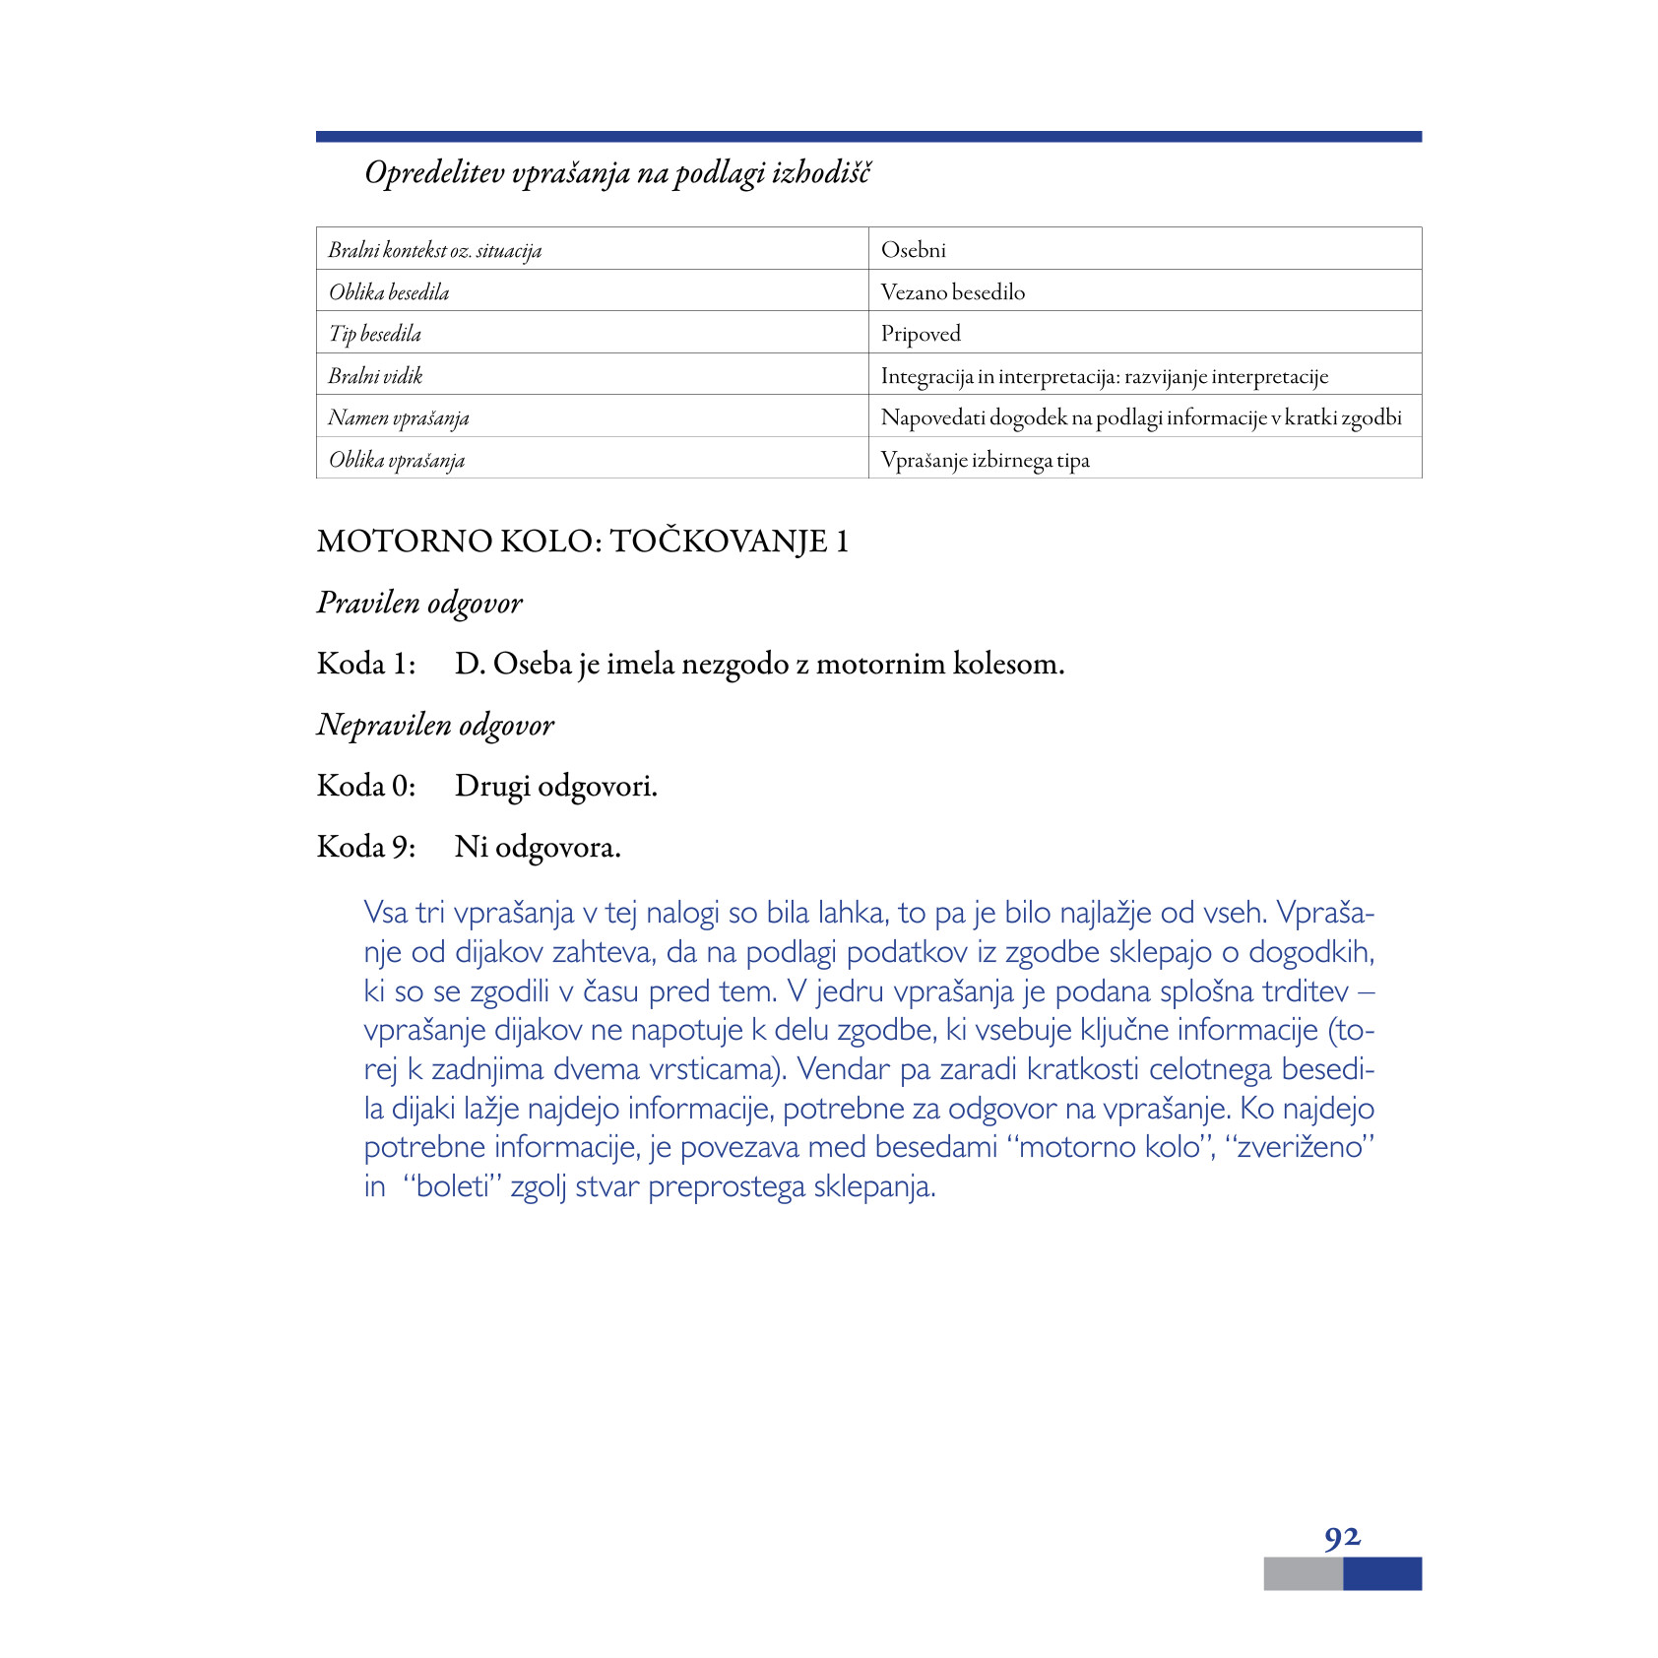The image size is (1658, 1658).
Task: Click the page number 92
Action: pos(1342,1537)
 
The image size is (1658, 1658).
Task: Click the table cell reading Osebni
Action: pos(913,250)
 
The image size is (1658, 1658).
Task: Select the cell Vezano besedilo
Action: pos(952,292)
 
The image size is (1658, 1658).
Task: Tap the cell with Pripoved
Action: pos(920,334)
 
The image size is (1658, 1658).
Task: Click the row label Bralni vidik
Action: pos(375,376)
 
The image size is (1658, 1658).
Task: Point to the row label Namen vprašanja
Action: pos(398,418)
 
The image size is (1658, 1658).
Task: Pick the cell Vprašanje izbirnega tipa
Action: pos(985,460)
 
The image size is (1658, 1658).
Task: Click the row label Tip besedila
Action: pos(374,334)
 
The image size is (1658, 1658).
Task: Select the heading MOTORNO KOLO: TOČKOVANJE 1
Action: pos(582,542)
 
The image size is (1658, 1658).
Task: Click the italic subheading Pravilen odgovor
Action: pos(419,603)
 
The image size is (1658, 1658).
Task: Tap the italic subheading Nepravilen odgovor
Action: pos(435,725)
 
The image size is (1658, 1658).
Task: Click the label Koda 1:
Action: pos(365,664)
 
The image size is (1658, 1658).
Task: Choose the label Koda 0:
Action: pos(365,786)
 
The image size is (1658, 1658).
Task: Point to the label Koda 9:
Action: pos(365,847)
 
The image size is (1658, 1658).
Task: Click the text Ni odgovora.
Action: pos(538,847)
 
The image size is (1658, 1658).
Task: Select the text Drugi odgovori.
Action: pos(555,786)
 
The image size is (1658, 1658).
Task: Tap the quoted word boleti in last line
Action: pos(452,1186)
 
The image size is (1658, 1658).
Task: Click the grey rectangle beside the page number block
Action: pos(1302,1573)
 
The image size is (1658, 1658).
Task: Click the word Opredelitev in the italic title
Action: pos(433,173)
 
